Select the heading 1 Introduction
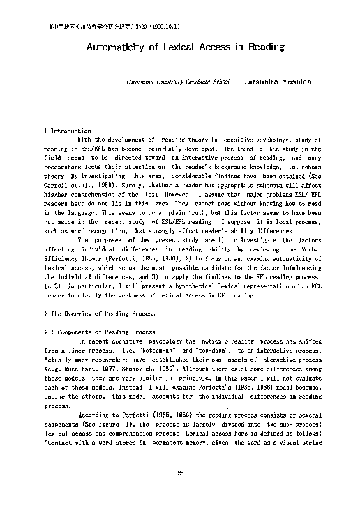(68, 131)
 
